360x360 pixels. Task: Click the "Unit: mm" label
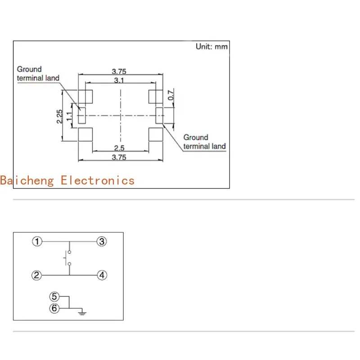[x=211, y=47]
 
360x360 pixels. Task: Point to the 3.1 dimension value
[x=119, y=80]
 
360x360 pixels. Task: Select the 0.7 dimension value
[x=171, y=95]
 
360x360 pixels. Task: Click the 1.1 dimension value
[x=69, y=116]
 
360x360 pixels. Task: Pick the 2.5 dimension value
[x=119, y=148]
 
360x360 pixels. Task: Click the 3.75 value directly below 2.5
[x=119, y=157]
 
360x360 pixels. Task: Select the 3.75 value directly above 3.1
[x=119, y=71]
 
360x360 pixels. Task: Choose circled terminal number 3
[x=102, y=242]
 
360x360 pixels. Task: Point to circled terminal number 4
[x=102, y=275]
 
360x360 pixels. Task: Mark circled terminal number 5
[x=54, y=297]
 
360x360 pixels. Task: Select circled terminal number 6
[x=54, y=308]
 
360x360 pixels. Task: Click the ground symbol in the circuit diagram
[x=81, y=311]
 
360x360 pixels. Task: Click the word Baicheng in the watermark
[x=27, y=180]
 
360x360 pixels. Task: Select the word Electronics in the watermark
[x=98, y=180]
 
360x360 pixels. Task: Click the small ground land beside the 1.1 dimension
[x=81, y=116]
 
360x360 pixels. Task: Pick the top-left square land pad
[x=85, y=96]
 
